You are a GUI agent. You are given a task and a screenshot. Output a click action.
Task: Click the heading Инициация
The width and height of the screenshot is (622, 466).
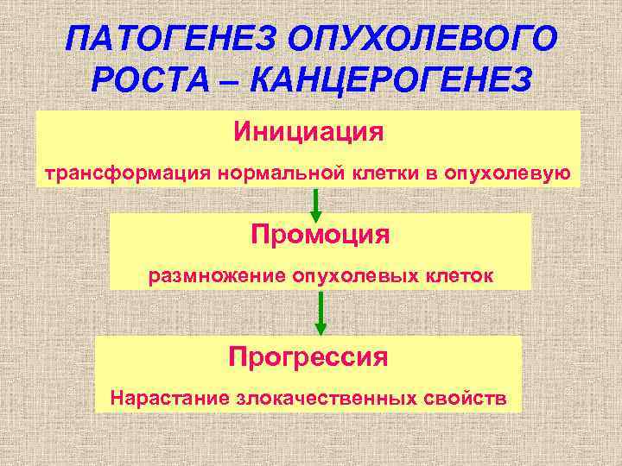[x=308, y=133]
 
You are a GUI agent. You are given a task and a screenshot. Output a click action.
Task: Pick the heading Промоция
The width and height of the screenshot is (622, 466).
[x=321, y=234]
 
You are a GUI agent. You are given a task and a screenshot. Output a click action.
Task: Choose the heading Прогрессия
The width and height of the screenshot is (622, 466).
[x=308, y=356]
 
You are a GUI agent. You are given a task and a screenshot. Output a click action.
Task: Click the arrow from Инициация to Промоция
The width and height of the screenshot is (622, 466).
[x=316, y=204]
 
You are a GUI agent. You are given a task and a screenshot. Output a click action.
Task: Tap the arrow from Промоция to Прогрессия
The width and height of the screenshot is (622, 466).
[x=321, y=312]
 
